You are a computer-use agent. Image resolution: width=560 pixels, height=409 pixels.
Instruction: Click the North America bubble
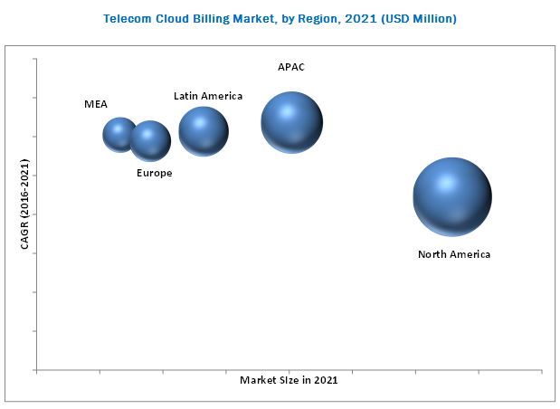[x=452, y=196]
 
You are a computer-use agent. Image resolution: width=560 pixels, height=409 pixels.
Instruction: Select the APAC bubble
[x=291, y=122]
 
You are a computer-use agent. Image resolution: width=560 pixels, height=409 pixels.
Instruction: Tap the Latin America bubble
[x=204, y=131]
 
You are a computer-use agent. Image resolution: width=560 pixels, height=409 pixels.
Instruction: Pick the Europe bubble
[x=150, y=140]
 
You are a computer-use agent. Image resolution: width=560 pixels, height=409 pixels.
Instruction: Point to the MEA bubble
[x=119, y=135]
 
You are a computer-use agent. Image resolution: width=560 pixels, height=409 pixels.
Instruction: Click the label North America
[x=454, y=254]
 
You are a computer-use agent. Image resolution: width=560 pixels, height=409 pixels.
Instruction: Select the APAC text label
[x=291, y=67]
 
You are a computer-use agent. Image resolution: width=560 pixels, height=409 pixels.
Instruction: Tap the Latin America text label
[x=208, y=96]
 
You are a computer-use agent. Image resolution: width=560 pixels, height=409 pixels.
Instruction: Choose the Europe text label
[x=154, y=173]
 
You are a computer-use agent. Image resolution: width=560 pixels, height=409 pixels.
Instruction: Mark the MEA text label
[x=96, y=104]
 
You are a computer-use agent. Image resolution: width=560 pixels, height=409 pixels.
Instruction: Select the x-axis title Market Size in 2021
[x=289, y=380]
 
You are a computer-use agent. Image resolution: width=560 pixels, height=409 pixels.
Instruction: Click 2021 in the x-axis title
[x=326, y=380]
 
